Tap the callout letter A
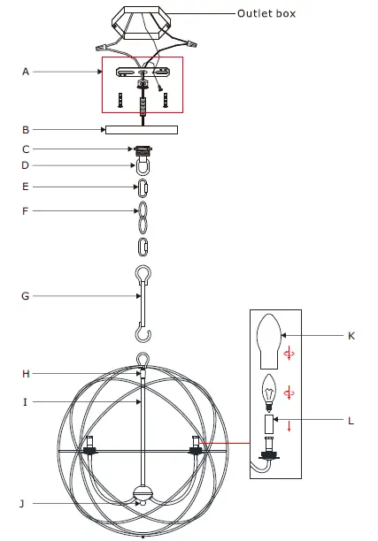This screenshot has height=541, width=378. point(26,72)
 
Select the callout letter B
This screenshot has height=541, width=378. point(26,129)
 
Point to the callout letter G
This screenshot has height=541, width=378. point(26,296)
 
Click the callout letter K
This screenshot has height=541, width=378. point(351,336)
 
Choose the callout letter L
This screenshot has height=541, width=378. point(351,421)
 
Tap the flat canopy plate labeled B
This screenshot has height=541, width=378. point(141,130)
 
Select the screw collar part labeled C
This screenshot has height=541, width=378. point(141,149)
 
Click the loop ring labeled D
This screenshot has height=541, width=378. point(141,165)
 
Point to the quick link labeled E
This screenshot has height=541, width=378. point(141,187)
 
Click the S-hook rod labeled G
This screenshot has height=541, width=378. point(141,301)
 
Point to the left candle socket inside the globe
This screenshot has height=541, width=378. point(89,446)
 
